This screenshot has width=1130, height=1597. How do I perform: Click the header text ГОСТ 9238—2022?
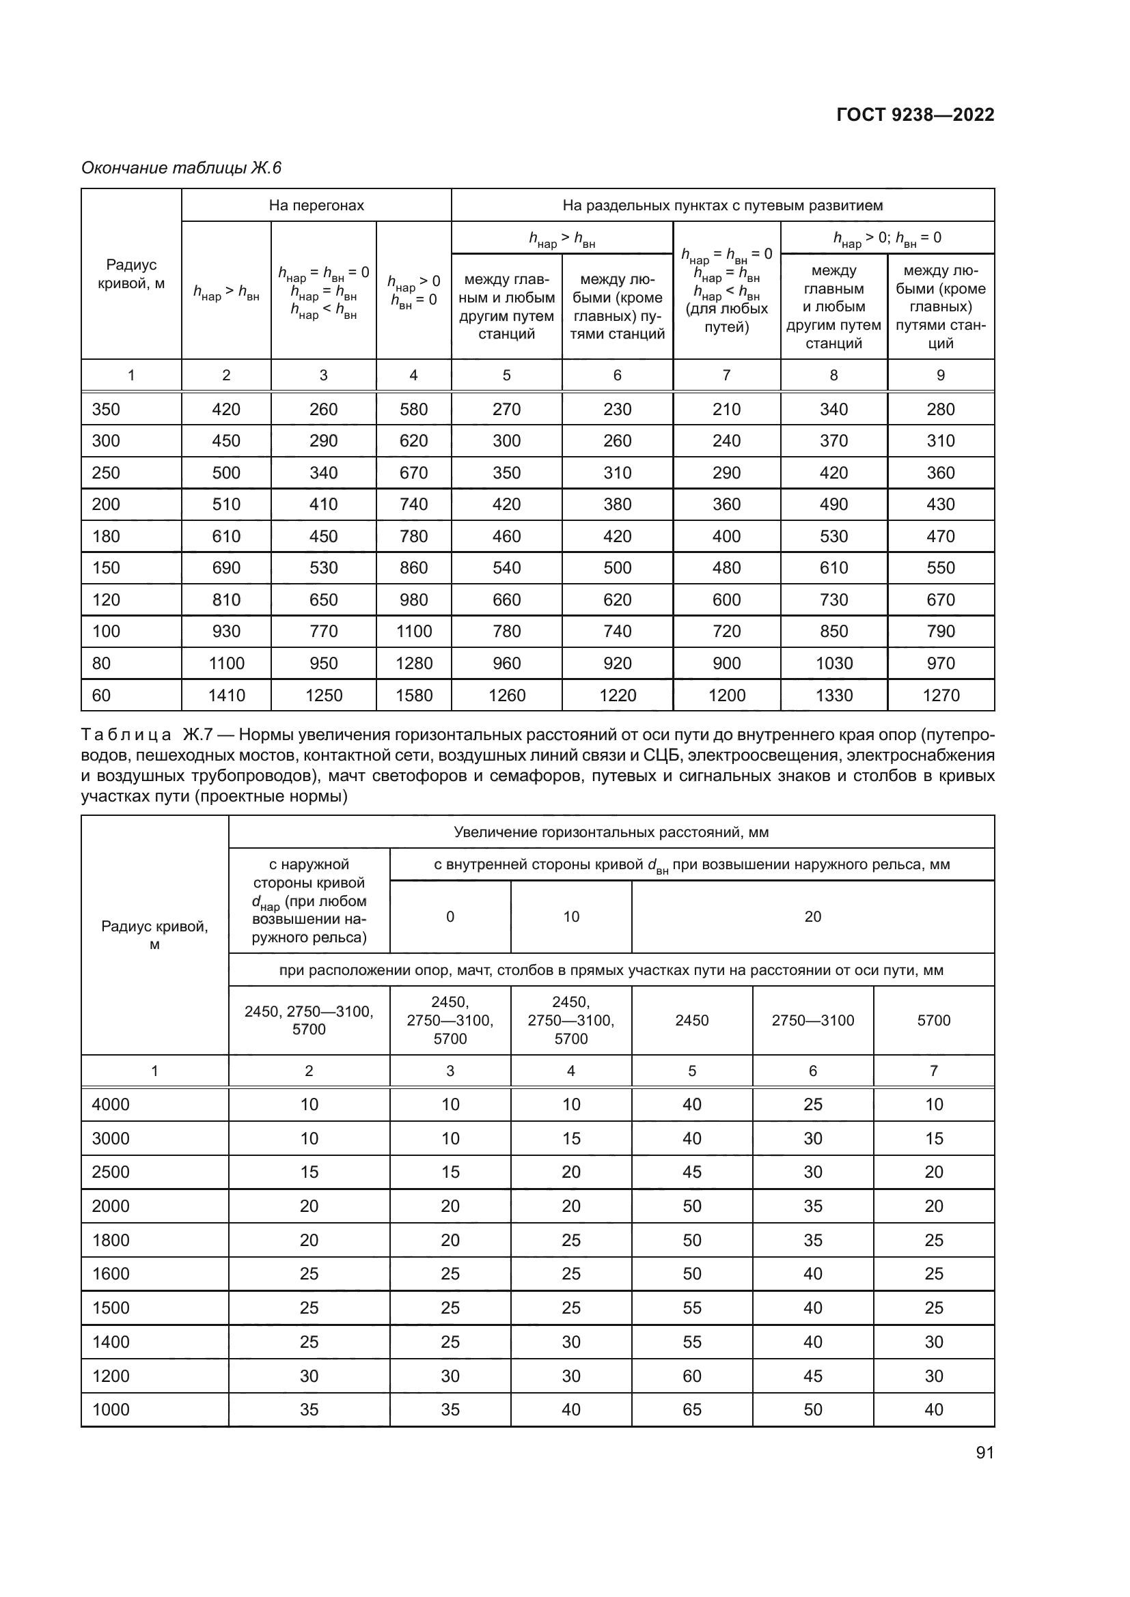[x=915, y=115]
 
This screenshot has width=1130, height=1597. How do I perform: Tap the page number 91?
[x=984, y=1452]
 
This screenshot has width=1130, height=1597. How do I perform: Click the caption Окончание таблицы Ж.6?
[x=181, y=168]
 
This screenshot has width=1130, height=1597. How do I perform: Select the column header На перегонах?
[x=316, y=206]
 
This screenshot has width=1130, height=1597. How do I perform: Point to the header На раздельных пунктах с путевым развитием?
[x=722, y=206]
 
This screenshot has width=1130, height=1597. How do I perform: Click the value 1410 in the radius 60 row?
[x=226, y=695]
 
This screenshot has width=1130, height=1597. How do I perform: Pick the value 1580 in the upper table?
[x=413, y=695]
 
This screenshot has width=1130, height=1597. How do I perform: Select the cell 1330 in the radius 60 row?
[x=833, y=695]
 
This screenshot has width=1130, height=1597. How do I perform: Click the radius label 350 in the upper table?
[x=106, y=409]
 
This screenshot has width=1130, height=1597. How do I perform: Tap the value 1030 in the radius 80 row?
[x=833, y=663]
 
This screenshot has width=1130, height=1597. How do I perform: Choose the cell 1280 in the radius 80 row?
[x=413, y=663]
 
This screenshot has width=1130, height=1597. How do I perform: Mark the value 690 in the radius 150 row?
[x=226, y=567]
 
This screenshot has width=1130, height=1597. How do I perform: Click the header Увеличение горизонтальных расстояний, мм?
[x=611, y=832]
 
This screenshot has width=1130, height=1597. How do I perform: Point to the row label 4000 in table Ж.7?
[x=111, y=1105]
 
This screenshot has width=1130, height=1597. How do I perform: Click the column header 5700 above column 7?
[x=933, y=1020]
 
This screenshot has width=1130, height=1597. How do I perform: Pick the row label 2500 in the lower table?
[x=111, y=1172]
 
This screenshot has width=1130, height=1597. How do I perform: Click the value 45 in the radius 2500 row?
[x=691, y=1172]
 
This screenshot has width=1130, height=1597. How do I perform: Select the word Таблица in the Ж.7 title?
[x=126, y=735]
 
